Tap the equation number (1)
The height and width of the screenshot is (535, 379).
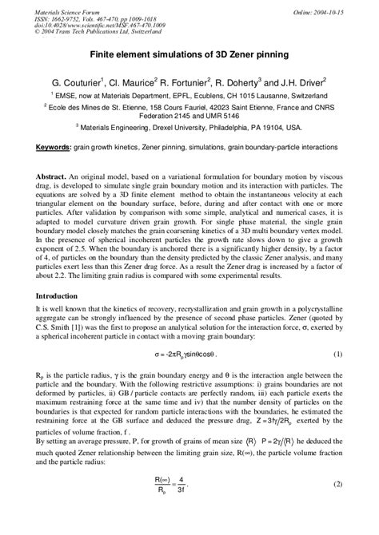point(337,375)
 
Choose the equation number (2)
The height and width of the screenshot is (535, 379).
point(337,506)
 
